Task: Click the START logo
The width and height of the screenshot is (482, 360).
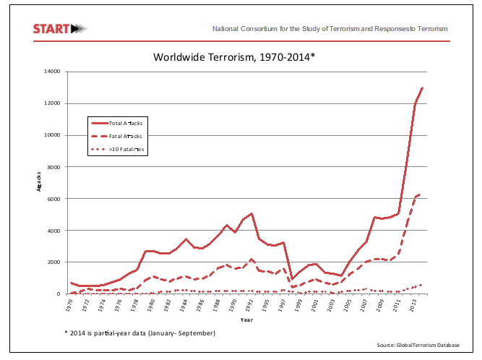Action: pyautogui.click(x=60, y=29)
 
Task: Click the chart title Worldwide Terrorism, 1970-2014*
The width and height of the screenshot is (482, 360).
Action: pyautogui.click(x=234, y=56)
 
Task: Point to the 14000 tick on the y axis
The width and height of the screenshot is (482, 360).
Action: pyautogui.click(x=52, y=72)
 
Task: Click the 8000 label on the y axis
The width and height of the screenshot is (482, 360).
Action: pyautogui.click(x=53, y=167)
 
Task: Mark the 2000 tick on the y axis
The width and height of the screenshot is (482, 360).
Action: pyautogui.click(x=53, y=262)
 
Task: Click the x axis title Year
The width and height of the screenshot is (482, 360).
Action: pyautogui.click(x=246, y=319)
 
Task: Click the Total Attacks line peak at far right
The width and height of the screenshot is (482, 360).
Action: pyautogui.click(x=423, y=87)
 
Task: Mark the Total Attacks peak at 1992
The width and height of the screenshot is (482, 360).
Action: pyautogui.click(x=251, y=213)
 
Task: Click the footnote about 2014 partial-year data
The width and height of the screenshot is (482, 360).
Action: pyautogui.click(x=140, y=333)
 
